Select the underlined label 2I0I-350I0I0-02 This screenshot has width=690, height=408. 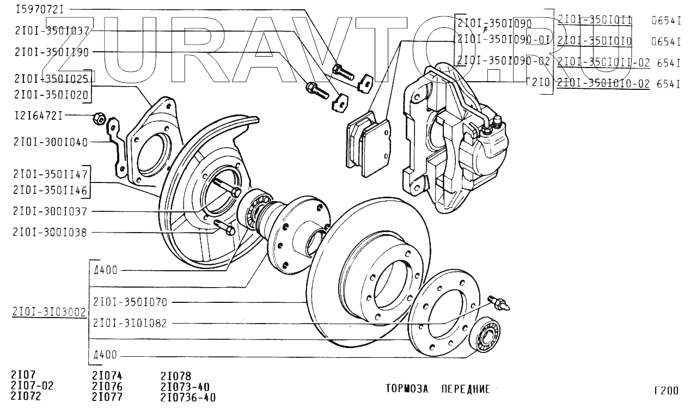(x=604, y=84)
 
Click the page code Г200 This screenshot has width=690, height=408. (x=666, y=391)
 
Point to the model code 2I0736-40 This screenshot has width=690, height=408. (x=188, y=397)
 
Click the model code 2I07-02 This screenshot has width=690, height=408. (x=32, y=386)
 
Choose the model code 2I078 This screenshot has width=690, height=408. (x=175, y=376)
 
